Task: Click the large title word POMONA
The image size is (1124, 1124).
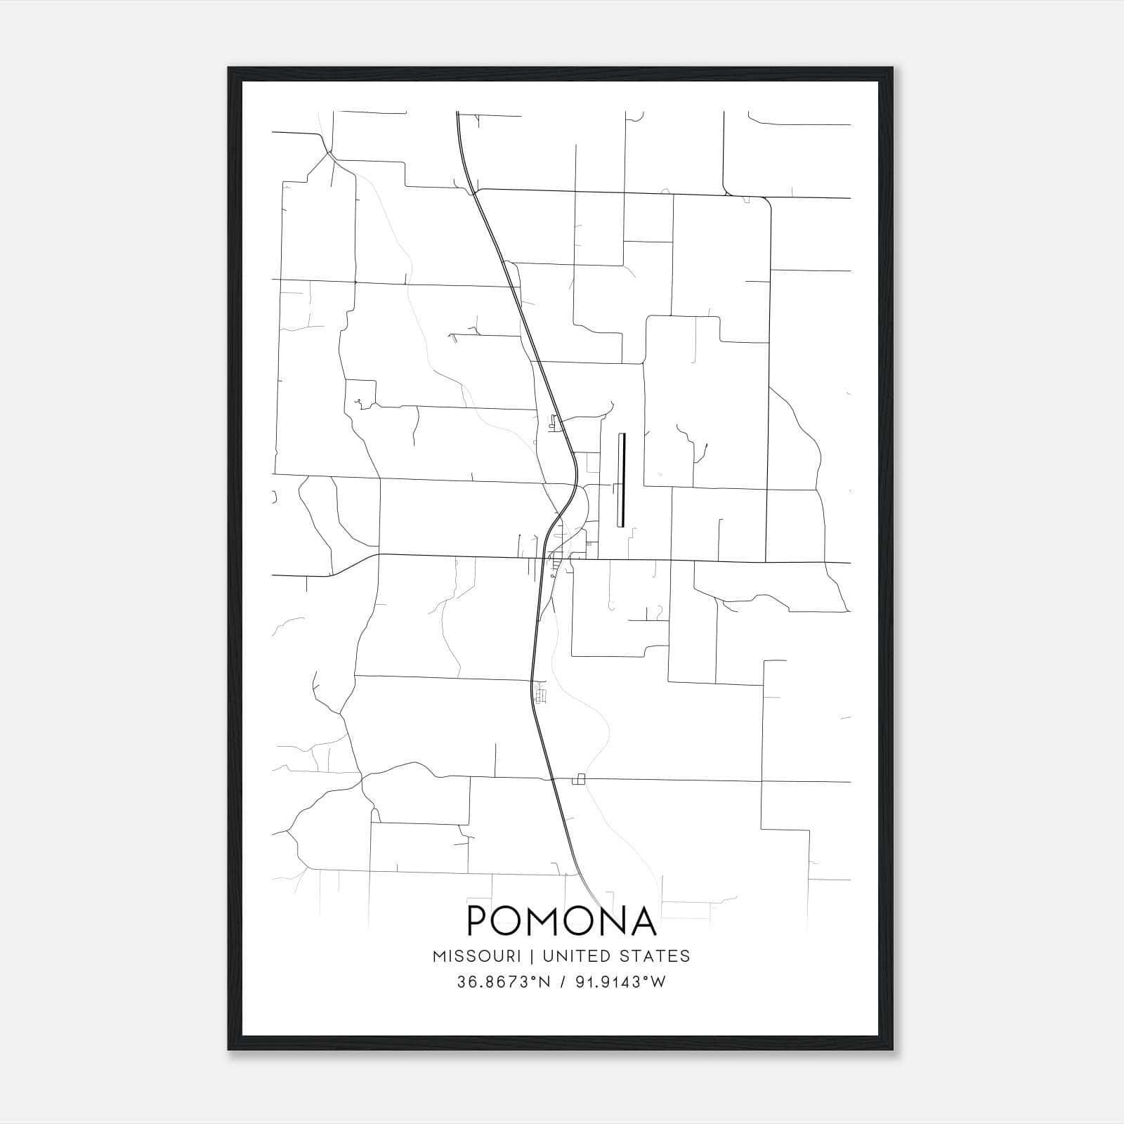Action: pyautogui.click(x=562, y=921)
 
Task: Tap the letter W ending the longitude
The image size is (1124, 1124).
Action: pyautogui.click(x=659, y=982)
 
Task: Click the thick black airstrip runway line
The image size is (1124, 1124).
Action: pyautogui.click(x=621, y=480)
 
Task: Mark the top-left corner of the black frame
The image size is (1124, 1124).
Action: pyautogui.click(x=229, y=68)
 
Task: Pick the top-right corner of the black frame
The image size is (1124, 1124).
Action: pyautogui.click(x=892, y=68)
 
